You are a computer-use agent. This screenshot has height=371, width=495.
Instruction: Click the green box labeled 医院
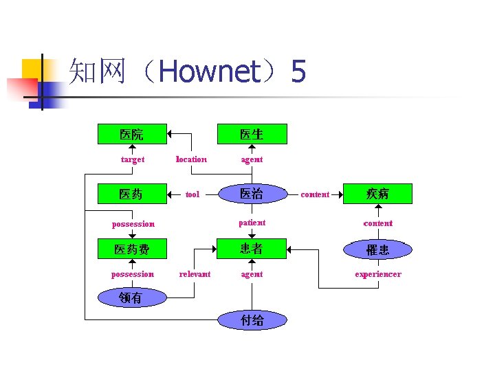[x=132, y=134]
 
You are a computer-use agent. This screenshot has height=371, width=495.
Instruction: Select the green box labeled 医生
[x=252, y=134]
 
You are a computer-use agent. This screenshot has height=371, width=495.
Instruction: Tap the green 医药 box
[x=132, y=194]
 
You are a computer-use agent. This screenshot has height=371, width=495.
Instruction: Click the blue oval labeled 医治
[x=252, y=194]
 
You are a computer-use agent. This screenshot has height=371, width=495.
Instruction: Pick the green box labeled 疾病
[x=377, y=194]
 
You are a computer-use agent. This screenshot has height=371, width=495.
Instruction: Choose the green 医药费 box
[x=132, y=249]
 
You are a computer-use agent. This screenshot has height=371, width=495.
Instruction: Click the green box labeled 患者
[x=252, y=249]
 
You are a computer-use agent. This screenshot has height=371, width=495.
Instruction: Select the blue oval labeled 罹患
[x=377, y=249]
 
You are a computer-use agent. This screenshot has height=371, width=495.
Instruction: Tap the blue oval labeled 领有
[x=131, y=297]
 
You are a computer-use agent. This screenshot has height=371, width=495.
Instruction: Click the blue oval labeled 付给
[x=252, y=320]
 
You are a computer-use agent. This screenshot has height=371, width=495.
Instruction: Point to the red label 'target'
[x=133, y=159]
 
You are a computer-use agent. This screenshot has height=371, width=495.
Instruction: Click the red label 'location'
[x=191, y=159]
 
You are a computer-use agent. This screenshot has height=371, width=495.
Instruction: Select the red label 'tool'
[x=192, y=194]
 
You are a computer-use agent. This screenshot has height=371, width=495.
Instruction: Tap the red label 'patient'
[x=252, y=223]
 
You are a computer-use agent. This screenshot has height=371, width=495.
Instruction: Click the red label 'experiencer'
[x=377, y=274]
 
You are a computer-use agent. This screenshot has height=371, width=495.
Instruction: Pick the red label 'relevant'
[x=195, y=274]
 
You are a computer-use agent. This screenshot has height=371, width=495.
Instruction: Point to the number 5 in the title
[x=298, y=71]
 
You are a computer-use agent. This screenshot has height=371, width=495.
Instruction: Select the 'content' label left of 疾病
[x=315, y=194]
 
